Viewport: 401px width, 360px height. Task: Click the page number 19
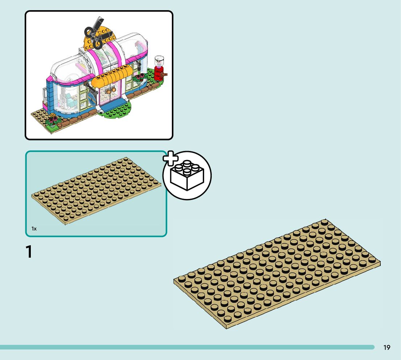[387, 348]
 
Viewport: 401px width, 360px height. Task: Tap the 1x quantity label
[34, 229]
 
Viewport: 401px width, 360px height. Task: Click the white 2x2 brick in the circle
[187, 176]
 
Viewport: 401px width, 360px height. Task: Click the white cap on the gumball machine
[159, 59]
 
